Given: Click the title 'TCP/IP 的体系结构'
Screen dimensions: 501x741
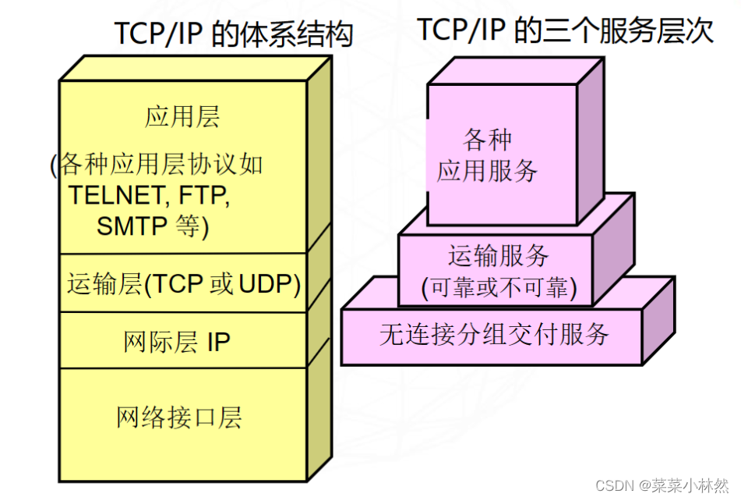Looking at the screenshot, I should click(233, 34).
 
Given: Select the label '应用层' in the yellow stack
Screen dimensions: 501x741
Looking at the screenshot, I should click(182, 117).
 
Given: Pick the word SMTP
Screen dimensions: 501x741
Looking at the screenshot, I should click(132, 226).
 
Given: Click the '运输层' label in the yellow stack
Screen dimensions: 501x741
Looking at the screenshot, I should click(105, 284).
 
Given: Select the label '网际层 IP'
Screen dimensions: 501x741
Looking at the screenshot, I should click(177, 342).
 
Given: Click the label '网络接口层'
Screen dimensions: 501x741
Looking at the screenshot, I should click(179, 417).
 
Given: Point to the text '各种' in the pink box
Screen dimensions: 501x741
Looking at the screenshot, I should click(488, 140).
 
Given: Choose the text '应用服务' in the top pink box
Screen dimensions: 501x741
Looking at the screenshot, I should click(488, 170).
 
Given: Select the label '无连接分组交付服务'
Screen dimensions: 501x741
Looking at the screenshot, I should click(494, 335).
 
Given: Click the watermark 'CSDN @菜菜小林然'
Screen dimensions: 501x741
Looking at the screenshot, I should click(662, 485).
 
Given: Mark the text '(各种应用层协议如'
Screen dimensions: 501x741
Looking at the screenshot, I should click(156, 165).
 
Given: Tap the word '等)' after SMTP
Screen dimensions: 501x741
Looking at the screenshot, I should click(192, 226).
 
